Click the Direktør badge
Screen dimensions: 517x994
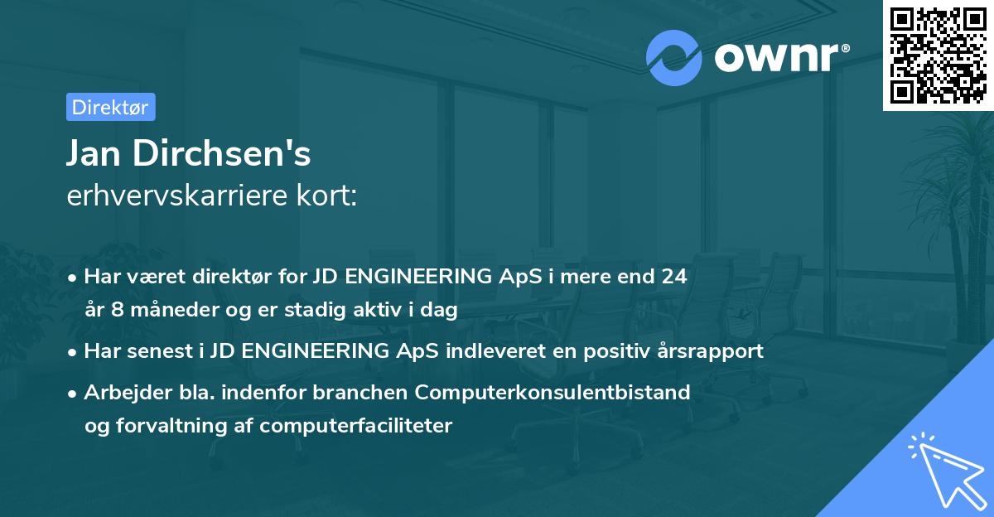click(x=110, y=107)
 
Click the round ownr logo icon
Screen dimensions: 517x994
click(x=673, y=58)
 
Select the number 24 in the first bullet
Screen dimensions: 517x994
click(x=673, y=277)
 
